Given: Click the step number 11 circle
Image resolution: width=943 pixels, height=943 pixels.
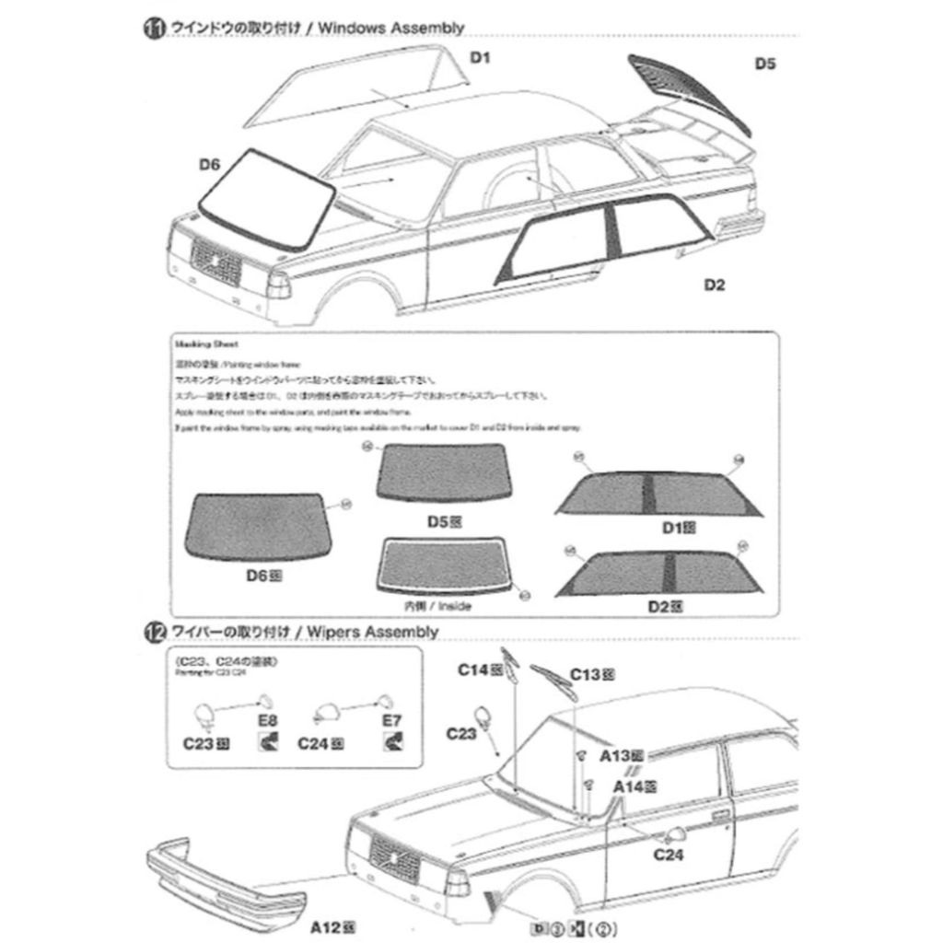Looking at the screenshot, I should click(x=153, y=29).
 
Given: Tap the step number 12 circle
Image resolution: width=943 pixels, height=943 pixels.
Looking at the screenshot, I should click(x=153, y=632).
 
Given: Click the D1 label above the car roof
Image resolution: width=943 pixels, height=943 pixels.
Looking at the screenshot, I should click(x=480, y=58).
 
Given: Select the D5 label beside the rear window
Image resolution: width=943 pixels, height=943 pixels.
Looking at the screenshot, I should click(x=765, y=64).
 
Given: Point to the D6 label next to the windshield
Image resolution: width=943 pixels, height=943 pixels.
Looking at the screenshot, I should click(x=210, y=165).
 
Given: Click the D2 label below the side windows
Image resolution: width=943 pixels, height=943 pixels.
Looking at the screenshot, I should click(x=715, y=285).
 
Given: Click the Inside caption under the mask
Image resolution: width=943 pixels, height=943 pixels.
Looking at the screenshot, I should click(x=457, y=607).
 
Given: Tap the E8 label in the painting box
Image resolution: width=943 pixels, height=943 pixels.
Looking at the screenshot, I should click(x=268, y=719).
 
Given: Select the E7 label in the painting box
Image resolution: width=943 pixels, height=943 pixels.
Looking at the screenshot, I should click(x=392, y=719).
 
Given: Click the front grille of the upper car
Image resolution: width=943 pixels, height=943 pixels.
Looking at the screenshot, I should click(x=215, y=262).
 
